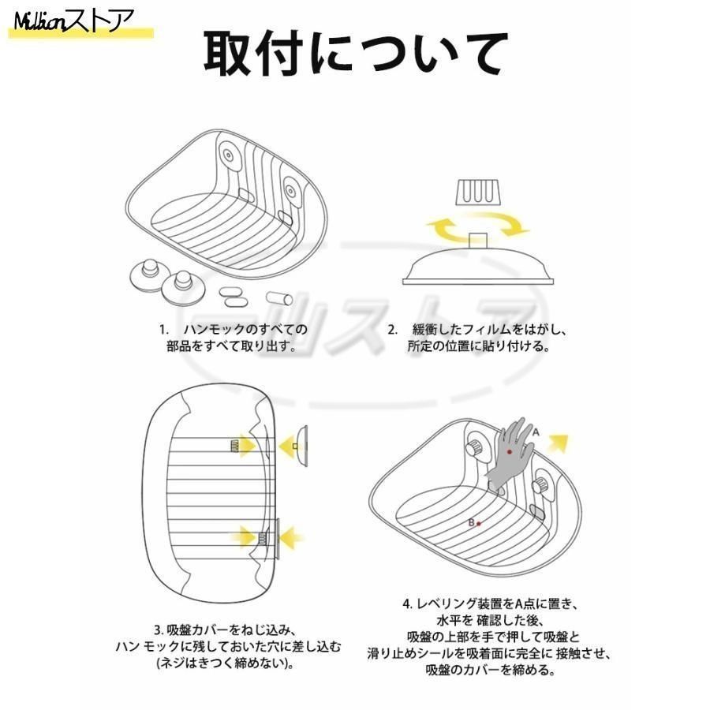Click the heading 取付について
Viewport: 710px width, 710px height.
coord(356,54)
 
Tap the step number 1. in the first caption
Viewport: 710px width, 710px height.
coord(163,330)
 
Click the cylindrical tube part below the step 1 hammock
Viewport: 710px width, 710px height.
coord(279,298)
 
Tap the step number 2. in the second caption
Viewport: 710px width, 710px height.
coord(392,330)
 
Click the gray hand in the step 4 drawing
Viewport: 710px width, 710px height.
coord(509,454)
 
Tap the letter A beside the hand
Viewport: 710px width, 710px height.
coord(536,432)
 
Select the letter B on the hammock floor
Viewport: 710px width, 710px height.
coord(472,522)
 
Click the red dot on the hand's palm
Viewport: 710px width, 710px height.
coord(510,452)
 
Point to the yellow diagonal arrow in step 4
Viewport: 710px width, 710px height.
coord(559,443)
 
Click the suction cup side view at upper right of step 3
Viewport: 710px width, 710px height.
coord(302,446)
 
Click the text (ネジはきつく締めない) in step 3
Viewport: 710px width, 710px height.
coord(224,663)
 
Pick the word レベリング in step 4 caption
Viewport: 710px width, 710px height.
coord(446,603)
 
